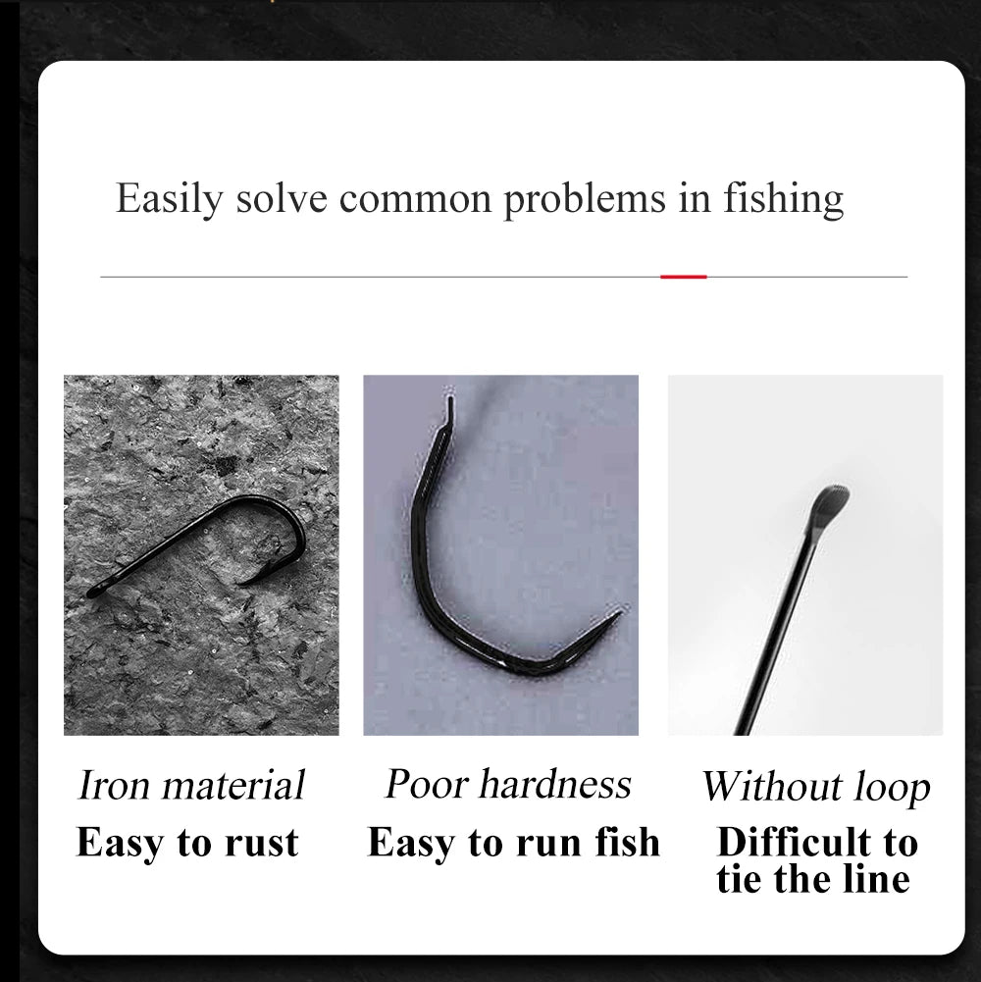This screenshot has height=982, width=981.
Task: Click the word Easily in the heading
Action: coord(169,198)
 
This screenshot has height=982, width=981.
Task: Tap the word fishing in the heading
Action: coord(783,198)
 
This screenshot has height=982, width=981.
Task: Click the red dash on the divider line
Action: coord(684,277)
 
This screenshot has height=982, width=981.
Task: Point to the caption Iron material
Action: coord(191,785)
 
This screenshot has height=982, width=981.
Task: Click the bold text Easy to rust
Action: coord(187,843)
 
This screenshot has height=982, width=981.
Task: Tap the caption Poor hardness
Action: coord(508,784)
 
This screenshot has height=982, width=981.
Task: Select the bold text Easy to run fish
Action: coord(514,843)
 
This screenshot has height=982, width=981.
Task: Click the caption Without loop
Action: coord(815,787)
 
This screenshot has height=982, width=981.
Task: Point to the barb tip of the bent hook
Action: coord(620,614)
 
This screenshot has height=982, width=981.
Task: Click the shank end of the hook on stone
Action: coord(93,592)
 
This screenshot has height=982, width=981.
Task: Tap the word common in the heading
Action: coord(416,198)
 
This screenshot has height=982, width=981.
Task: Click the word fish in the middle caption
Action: coord(623,843)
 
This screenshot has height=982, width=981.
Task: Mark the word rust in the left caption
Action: coord(263,843)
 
